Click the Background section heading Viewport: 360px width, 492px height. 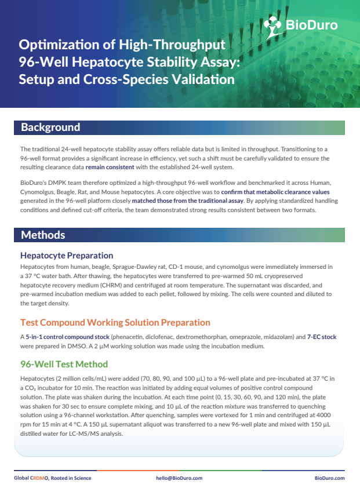(50, 127)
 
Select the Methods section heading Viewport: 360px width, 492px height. (43, 235)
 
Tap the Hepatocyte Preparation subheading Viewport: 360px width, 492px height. (67, 255)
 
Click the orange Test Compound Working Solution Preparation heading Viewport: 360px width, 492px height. (115, 322)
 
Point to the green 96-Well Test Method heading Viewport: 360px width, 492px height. (64, 365)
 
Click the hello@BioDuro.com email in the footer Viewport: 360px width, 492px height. (179, 478)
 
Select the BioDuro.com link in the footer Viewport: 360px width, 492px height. (329, 478)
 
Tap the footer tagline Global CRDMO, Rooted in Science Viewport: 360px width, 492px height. (52, 478)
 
